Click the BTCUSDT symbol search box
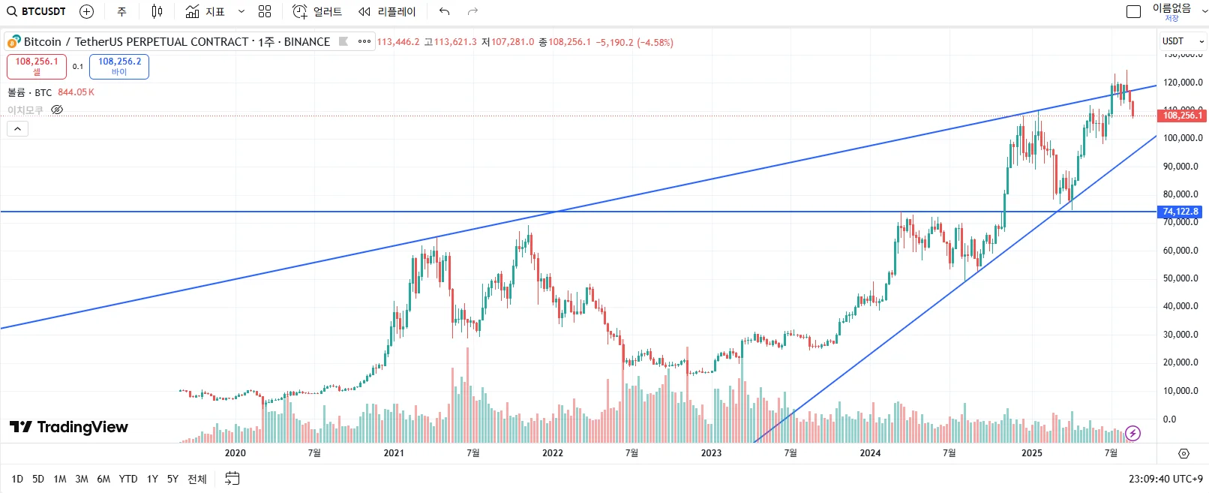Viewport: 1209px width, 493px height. pyautogui.click(x=37, y=11)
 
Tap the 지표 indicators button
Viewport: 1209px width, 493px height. pyautogui.click(x=205, y=11)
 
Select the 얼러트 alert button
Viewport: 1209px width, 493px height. pyautogui.click(x=317, y=11)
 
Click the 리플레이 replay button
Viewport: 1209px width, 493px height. pyautogui.click(x=387, y=11)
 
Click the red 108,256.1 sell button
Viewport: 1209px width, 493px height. pyautogui.click(x=37, y=66)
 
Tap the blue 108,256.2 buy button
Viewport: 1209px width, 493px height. pyautogui.click(x=119, y=66)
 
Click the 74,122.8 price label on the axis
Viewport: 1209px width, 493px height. pyautogui.click(x=1180, y=212)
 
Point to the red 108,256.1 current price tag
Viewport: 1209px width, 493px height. pyautogui.click(x=1182, y=115)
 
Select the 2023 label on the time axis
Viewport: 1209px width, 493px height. pyautogui.click(x=711, y=452)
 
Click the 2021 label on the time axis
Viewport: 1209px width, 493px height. pyautogui.click(x=394, y=452)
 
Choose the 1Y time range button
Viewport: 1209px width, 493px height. pyautogui.click(x=152, y=479)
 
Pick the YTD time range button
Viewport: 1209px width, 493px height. pyautogui.click(x=128, y=479)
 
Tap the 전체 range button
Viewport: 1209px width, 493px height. pyautogui.click(x=197, y=479)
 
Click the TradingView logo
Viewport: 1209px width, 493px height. pyautogui.click(x=69, y=427)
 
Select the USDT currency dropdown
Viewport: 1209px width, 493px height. pyautogui.click(x=1183, y=41)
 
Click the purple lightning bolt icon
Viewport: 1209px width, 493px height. pyautogui.click(x=1132, y=433)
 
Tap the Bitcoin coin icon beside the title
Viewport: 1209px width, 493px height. pyautogui.click(x=14, y=42)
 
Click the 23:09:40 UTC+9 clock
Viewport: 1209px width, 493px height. pyautogui.click(x=1165, y=479)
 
